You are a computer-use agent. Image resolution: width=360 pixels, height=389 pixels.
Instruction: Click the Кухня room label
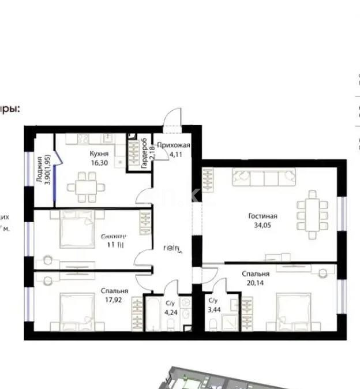99,154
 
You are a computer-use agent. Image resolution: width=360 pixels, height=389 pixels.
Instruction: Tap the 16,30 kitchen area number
99,163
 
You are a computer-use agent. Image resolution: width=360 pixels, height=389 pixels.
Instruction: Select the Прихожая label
172,146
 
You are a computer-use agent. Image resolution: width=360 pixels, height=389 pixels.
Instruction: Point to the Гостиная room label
259,216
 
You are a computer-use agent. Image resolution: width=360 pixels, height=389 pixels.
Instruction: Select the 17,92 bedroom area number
114,300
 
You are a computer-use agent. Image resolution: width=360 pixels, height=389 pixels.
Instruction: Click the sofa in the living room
264,177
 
